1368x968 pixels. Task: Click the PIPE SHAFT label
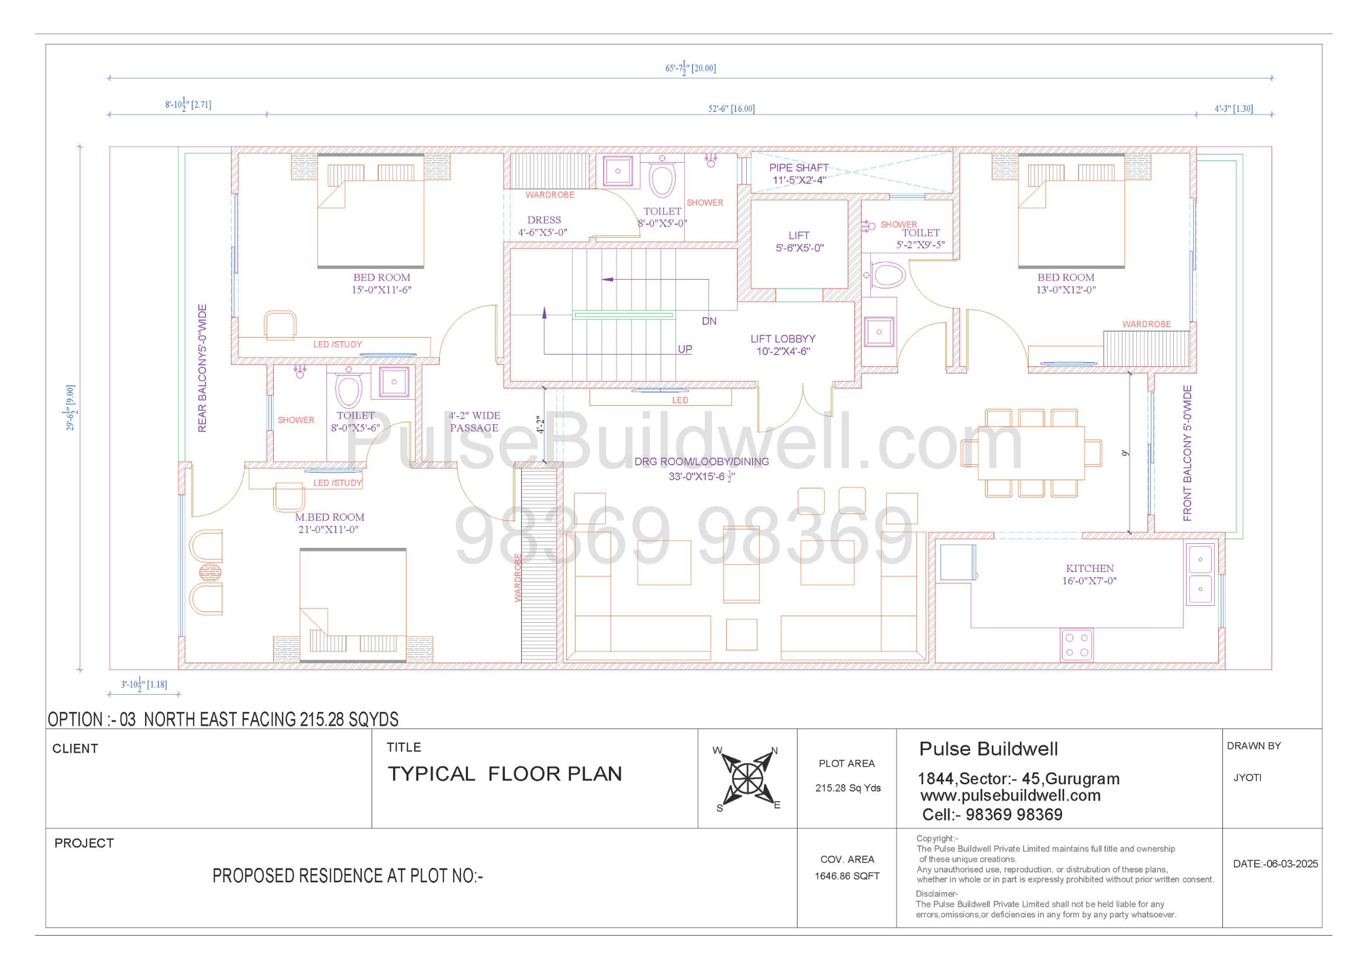(798, 168)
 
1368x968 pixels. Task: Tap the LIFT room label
(799, 235)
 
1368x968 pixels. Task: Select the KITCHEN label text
(1090, 569)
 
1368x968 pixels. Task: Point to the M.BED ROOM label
(329, 517)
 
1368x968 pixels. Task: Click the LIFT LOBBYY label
(783, 338)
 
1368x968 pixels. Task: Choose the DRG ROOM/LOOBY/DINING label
(701, 461)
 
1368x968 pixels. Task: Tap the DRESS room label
(544, 220)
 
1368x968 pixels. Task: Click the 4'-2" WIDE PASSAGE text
(474, 421)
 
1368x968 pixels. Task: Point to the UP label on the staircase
(685, 349)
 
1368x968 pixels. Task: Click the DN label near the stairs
(709, 321)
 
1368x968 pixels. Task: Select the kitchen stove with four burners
(1077, 645)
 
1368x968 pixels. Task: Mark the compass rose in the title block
(747, 778)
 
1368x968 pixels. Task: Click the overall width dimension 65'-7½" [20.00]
(691, 68)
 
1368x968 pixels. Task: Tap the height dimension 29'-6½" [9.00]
(70, 408)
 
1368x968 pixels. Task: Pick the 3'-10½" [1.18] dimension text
(144, 684)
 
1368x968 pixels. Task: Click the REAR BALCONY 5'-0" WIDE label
(202, 368)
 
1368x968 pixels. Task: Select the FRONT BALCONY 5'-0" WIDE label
(1187, 453)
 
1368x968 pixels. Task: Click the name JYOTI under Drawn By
(1247, 778)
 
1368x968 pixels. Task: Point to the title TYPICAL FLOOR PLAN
(505, 774)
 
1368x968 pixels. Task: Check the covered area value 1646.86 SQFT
(847, 876)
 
